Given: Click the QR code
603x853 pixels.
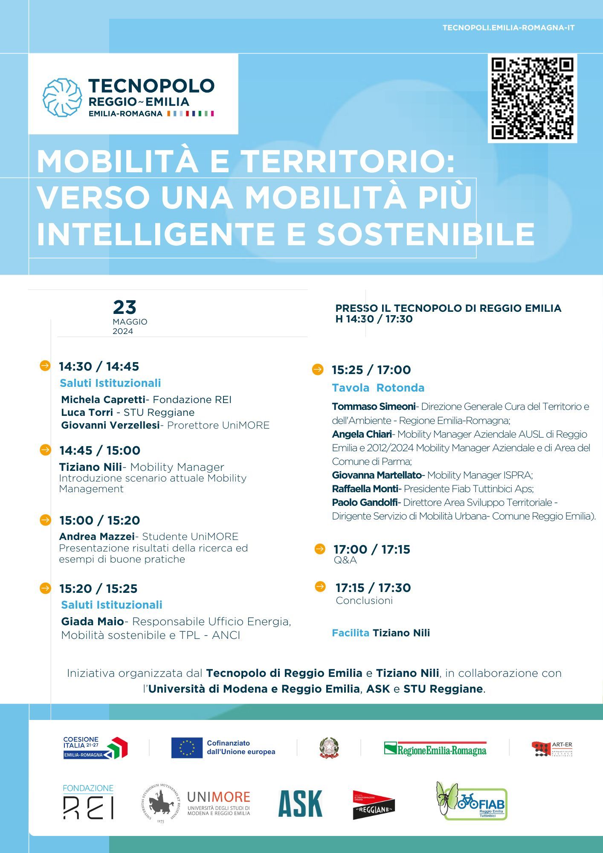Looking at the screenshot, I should [532, 98].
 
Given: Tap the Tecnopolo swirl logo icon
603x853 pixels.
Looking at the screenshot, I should [62, 97].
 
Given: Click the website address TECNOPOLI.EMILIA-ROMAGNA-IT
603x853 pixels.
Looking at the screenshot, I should [508, 28].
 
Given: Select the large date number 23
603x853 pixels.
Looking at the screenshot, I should [125, 307].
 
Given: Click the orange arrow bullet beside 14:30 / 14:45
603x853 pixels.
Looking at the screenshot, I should [45, 366].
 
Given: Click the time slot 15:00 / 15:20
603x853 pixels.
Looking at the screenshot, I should [100, 520].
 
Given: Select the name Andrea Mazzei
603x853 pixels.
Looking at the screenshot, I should [97, 537].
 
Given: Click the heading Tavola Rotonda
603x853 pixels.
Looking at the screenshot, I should [378, 388].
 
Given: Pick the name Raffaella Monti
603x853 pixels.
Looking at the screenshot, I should [365, 489].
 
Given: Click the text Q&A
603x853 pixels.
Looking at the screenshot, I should [345, 560].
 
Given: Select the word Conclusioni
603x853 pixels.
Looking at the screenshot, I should [364, 601].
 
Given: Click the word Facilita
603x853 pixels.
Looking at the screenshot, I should [351, 633].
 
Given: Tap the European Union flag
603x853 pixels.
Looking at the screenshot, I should [187, 748].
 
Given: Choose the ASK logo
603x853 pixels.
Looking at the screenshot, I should [300, 804].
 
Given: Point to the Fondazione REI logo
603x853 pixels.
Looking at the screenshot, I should [88, 802].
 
